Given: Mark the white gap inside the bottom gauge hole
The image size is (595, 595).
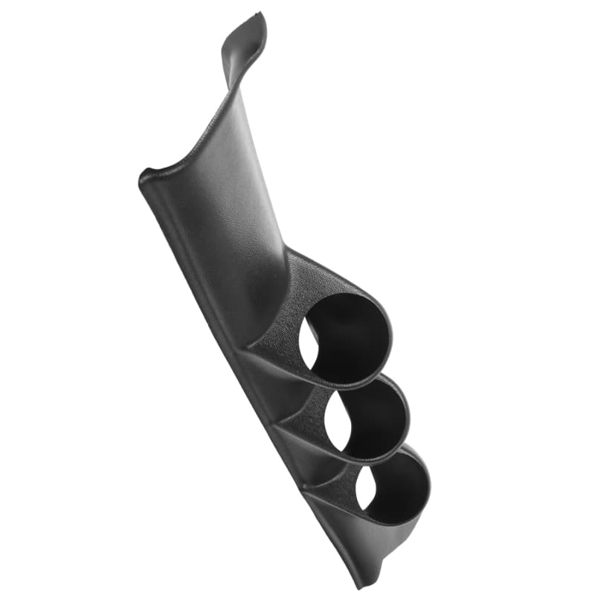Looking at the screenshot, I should pos(365,492).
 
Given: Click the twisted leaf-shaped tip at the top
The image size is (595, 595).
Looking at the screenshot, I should pos(245,37).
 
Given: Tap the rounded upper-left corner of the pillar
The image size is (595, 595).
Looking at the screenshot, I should pos(146,177).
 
